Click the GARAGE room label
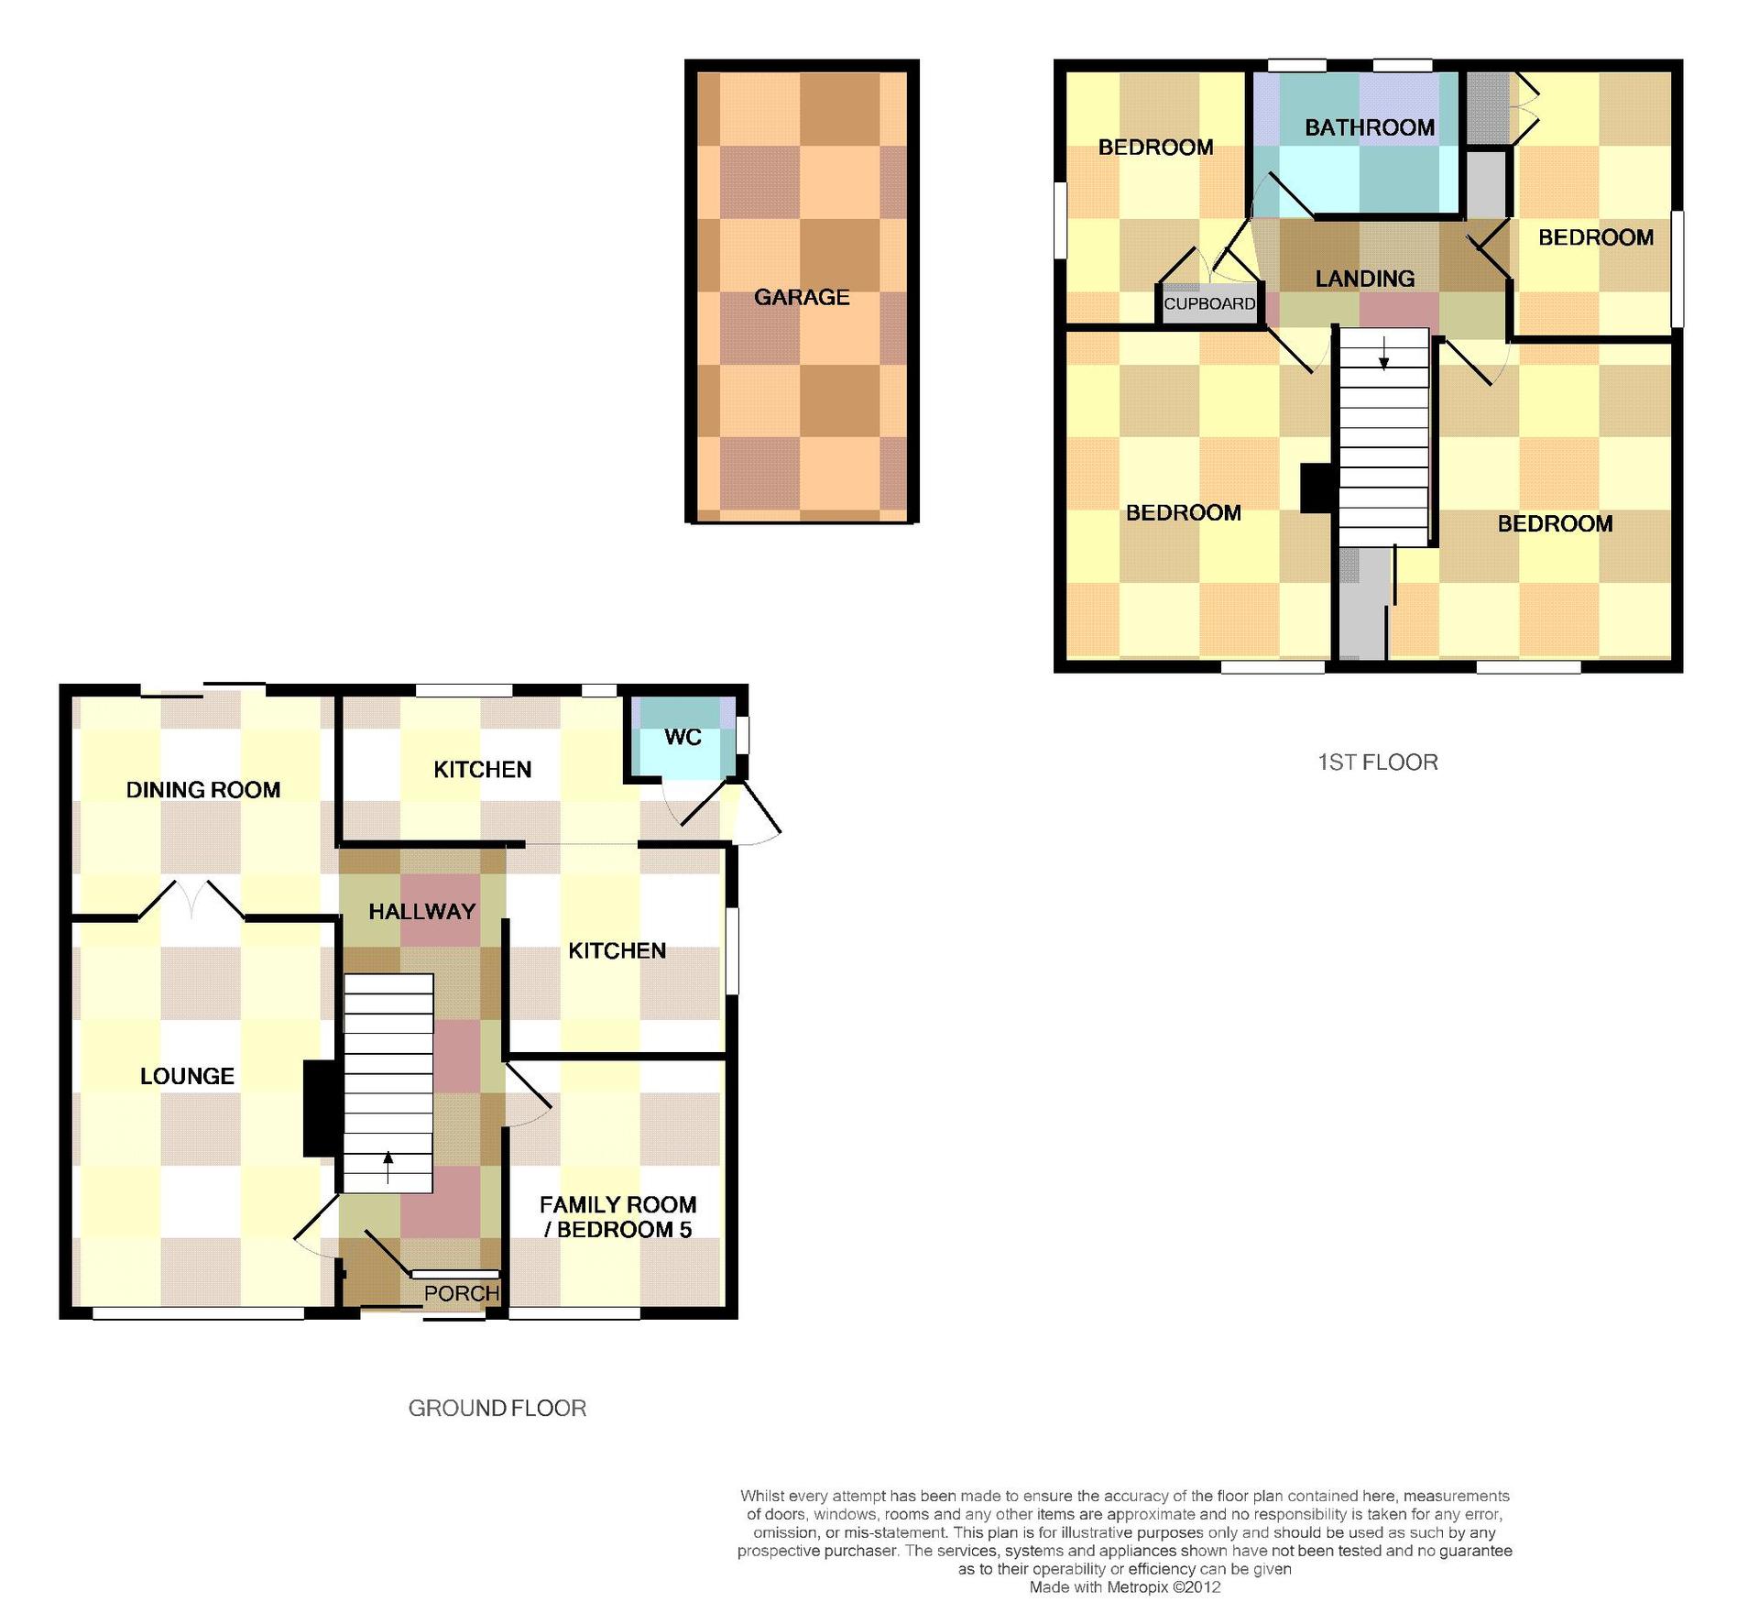pyautogui.click(x=802, y=297)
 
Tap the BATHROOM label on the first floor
pyautogui.click(x=1370, y=127)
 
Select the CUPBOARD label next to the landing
pyautogui.click(x=1209, y=303)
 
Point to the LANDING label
pyautogui.click(x=1365, y=279)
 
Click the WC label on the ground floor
pyautogui.click(x=683, y=737)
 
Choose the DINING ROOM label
pyautogui.click(x=203, y=790)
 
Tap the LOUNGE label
pyautogui.click(x=187, y=1076)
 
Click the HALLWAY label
pyautogui.click(x=422, y=911)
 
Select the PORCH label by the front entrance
pyautogui.click(x=462, y=1293)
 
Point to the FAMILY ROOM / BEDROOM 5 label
pyautogui.click(x=618, y=1217)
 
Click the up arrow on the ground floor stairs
pyautogui.click(x=388, y=1168)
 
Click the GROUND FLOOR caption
pyautogui.click(x=497, y=1408)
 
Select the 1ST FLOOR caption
pyautogui.click(x=1378, y=763)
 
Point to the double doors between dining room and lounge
pyautogui.click(x=191, y=899)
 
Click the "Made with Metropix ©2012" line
pyautogui.click(x=1125, y=1587)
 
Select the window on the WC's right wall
pyautogui.click(x=743, y=735)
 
